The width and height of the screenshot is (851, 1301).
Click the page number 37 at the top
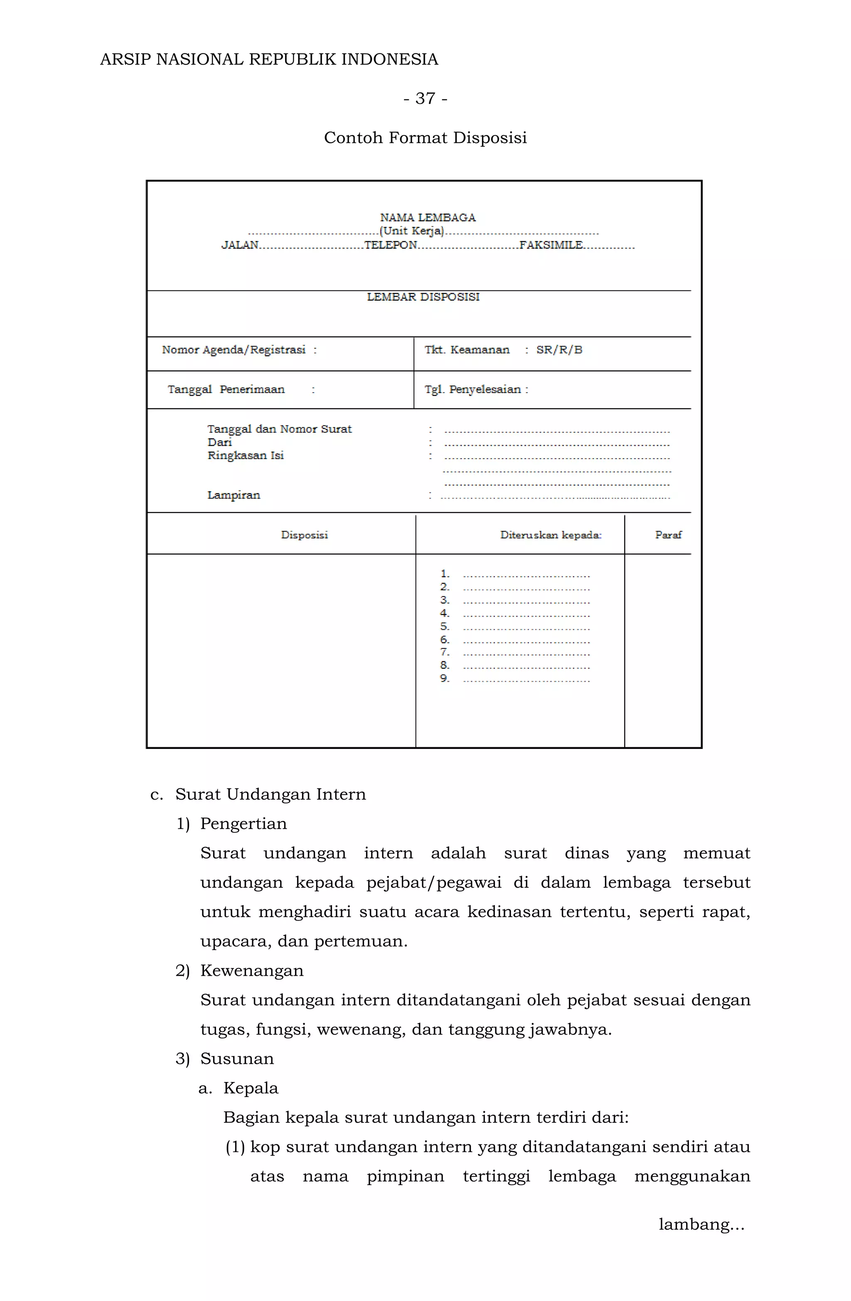tap(425, 98)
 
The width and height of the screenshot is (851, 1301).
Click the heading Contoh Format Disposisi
tap(425, 138)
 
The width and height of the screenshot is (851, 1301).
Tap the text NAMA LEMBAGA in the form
tap(428, 218)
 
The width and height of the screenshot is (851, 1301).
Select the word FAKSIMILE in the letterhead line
tap(551, 245)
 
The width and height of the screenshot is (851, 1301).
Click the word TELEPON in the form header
tap(391, 245)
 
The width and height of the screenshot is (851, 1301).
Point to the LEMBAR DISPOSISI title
tap(423, 297)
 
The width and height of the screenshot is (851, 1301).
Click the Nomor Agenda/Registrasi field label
tap(234, 350)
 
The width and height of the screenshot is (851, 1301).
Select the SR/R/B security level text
tap(559, 350)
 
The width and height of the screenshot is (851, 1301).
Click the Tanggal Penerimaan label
tap(226, 390)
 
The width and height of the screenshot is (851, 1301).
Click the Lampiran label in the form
tap(234, 495)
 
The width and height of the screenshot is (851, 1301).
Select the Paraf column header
tap(668, 535)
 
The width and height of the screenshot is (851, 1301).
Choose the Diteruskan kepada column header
tap(550, 535)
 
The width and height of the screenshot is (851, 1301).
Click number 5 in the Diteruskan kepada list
tap(444, 626)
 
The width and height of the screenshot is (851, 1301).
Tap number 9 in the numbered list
tap(444, 678)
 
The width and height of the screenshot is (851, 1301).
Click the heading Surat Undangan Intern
tap(270, 794)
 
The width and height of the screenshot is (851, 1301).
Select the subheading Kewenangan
tap(251, 971)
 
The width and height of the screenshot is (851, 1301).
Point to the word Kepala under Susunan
tap(251, 1088)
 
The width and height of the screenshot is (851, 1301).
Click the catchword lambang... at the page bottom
tap(701, 1225)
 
